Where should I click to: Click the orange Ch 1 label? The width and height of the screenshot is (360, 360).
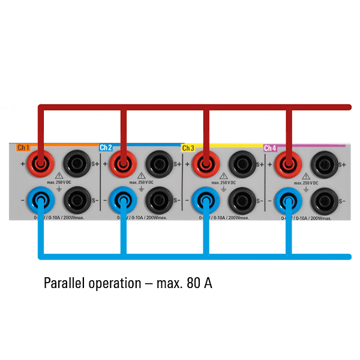(23, 148)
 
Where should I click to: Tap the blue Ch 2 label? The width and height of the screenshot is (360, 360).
(106, 148)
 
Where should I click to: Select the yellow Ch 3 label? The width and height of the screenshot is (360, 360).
(188, 148)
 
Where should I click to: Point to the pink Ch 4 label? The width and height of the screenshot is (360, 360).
(270, 148)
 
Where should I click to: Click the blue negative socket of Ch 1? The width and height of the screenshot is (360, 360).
(41, 198)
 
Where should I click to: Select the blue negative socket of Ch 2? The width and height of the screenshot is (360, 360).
(124, 198)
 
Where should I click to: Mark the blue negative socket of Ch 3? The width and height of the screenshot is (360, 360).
(206, 198)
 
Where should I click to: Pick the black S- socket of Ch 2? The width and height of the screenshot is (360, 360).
(159, 198)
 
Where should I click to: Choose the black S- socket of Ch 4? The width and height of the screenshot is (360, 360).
(325, 198)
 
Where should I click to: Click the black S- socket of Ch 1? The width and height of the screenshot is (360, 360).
(76, 198)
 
